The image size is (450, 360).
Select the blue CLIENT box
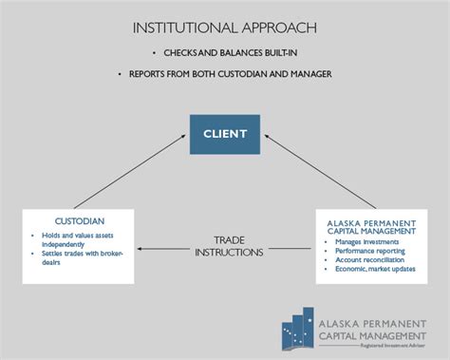[224, 133]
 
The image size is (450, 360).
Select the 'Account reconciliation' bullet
[369, 260]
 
